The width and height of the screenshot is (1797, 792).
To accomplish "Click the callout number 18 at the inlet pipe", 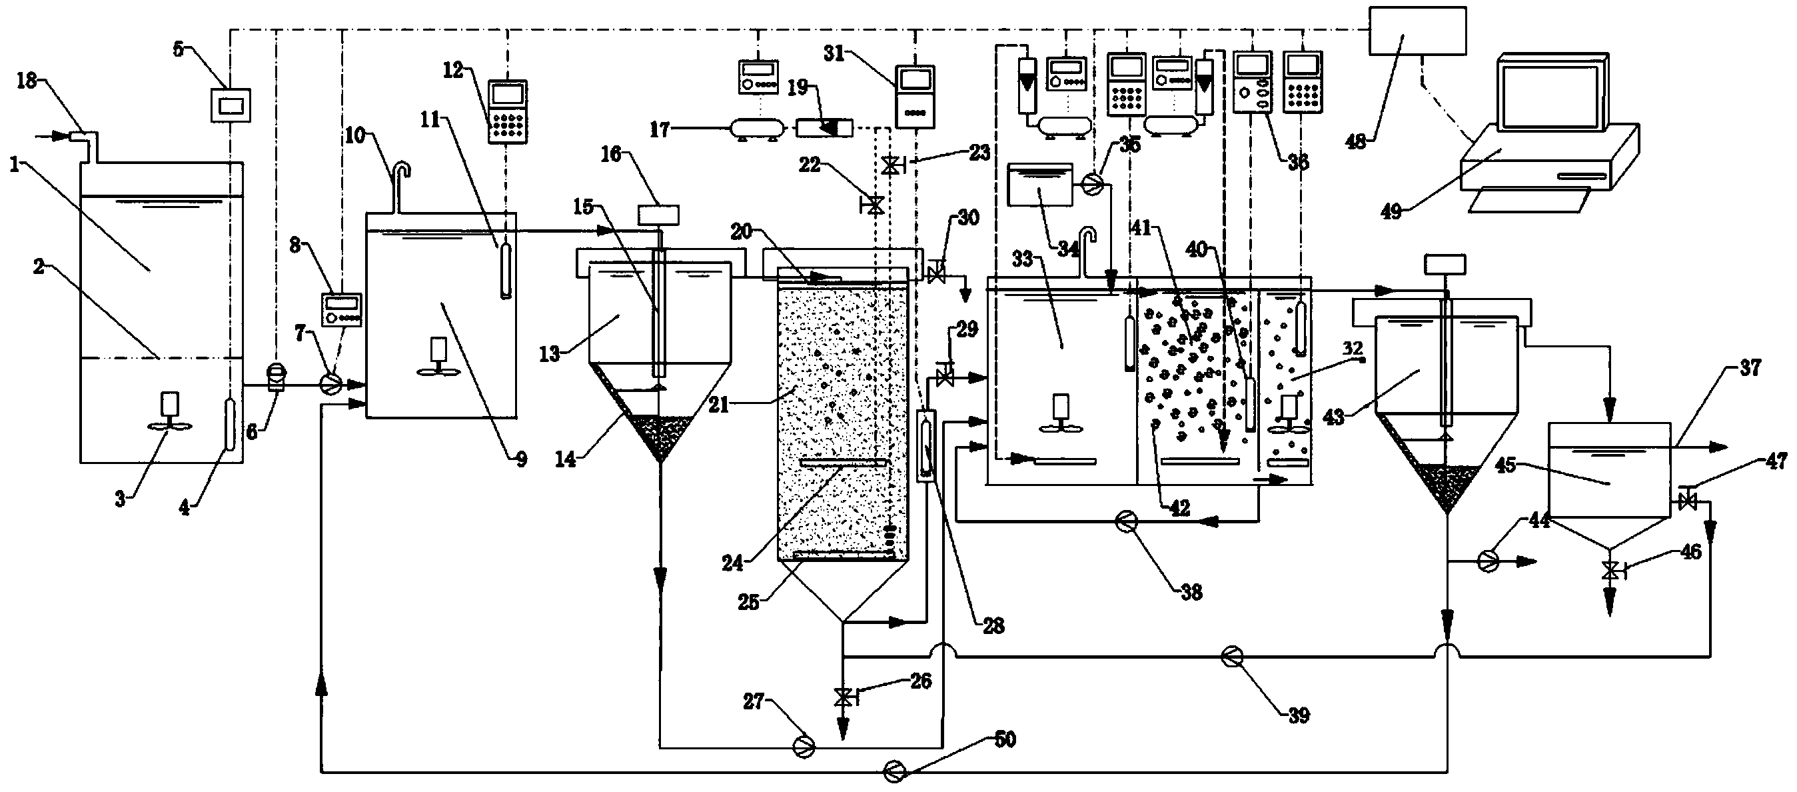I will point(27,81).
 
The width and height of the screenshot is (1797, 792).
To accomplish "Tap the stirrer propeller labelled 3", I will point(169,428).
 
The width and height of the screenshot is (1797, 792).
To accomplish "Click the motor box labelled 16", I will point(659,214).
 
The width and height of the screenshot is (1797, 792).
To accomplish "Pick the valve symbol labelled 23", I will point(891,166).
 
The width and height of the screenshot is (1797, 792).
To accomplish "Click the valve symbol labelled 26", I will point(843,696).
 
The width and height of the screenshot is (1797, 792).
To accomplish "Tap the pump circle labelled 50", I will point(894,771).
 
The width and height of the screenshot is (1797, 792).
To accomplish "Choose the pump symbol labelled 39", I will point(1231,655).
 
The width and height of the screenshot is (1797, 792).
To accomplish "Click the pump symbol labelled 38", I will point(1126,521).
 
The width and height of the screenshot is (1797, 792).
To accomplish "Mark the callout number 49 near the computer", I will point(1391,211).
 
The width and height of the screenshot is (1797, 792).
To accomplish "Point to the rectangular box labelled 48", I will point(1417,31).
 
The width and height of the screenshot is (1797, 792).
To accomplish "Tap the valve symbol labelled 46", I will point(1610,570).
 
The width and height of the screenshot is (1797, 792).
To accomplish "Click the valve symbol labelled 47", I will point(1688,499).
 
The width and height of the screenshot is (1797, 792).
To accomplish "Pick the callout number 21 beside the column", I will point(719,404).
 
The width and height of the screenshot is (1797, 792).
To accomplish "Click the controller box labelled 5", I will point(231,105).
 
